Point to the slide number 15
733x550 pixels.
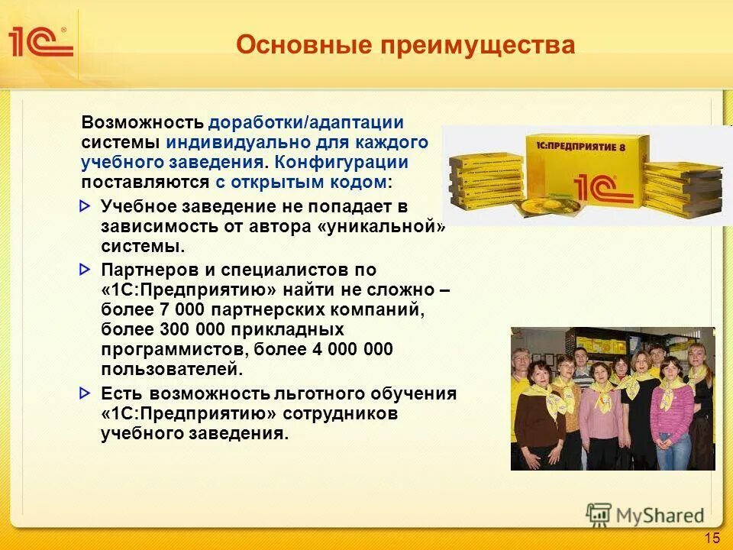point(712,538)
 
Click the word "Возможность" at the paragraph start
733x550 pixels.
point(143,123)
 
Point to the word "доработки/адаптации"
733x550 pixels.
point(306,123)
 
